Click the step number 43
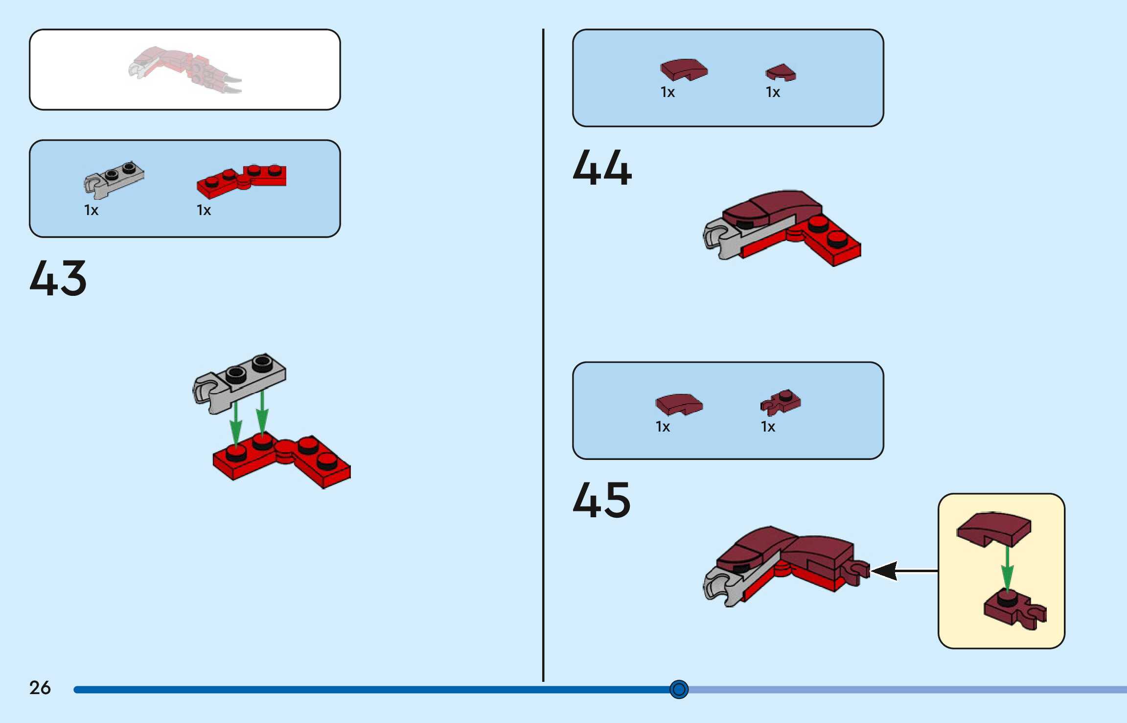pos(58,278)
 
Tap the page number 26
pos(40,688)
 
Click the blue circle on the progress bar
pos(679,689)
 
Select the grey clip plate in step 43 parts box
pos(114,179)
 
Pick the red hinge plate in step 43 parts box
pos(242,180)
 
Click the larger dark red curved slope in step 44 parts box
pos(684,70)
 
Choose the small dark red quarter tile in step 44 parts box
pos(781,72)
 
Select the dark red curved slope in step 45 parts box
pos(679,404)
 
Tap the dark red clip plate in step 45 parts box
pos(781,402)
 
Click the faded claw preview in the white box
pos(185,70)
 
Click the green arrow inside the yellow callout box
pos(1007,568)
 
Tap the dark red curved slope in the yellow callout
pos(994,529)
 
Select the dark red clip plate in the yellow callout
pos(1014,610)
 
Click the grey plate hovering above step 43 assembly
pos(240,382)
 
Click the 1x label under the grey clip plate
pos(92,211)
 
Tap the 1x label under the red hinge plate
pos(204,211)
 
